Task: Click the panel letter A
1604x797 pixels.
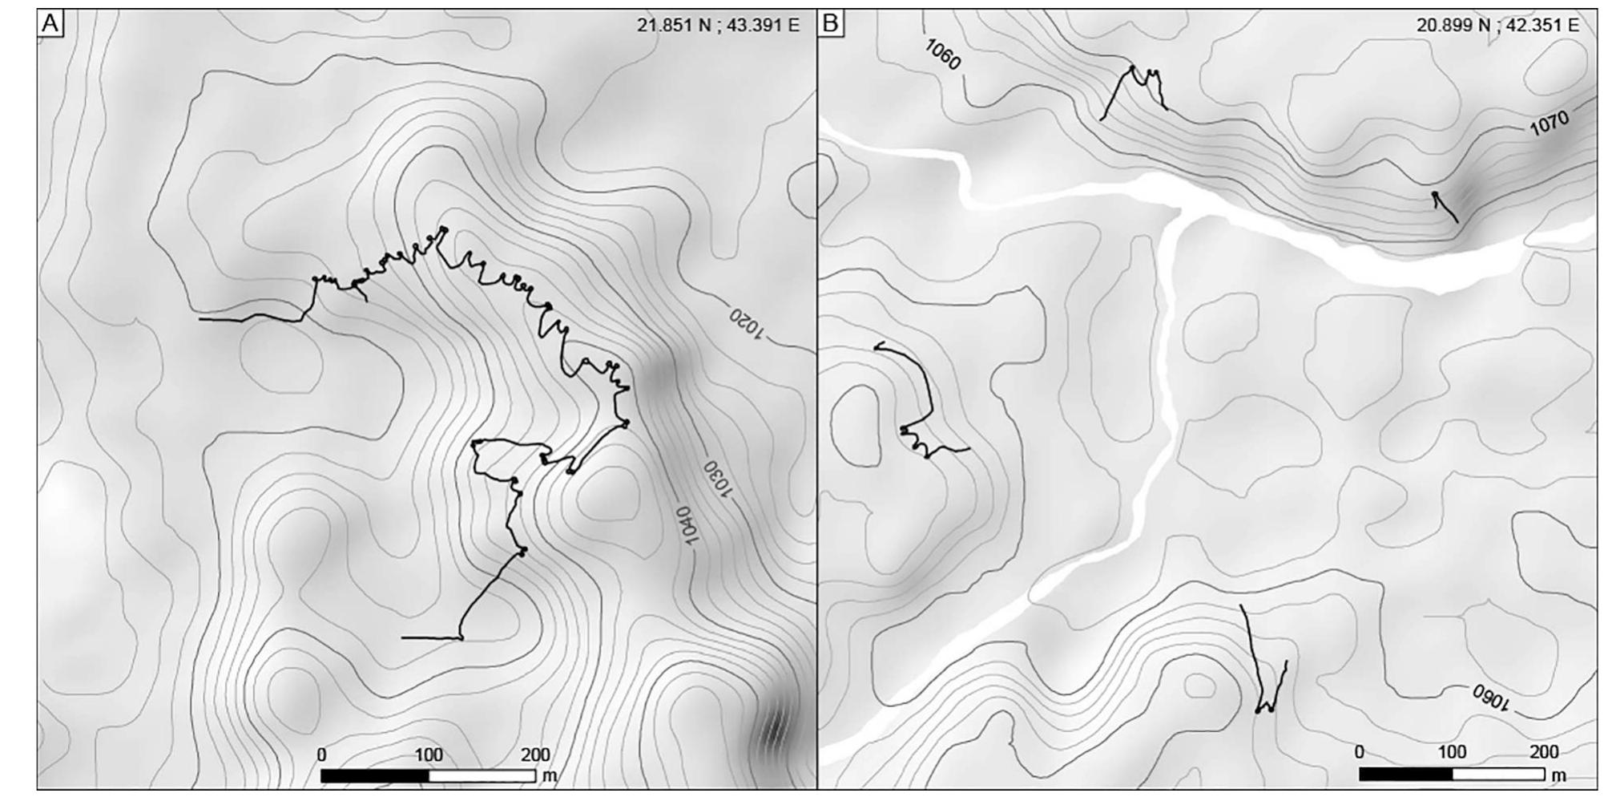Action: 50,24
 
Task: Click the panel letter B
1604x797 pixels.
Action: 830,24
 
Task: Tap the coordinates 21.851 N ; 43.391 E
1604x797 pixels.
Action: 718,25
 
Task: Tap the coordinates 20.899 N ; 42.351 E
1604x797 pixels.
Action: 1497,25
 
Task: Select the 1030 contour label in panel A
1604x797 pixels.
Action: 717,479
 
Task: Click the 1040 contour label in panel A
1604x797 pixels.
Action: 687,525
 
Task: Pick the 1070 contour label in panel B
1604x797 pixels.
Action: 1548,123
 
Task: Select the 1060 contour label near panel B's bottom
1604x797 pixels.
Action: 1490,698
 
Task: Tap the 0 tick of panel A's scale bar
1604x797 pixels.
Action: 321,755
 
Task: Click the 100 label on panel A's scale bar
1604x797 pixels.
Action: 429,755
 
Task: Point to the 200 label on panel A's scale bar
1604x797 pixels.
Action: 535,755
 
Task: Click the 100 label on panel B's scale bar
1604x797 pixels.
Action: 1452,752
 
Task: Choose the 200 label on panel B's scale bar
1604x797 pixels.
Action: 1544,752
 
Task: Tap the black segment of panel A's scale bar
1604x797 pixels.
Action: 375,776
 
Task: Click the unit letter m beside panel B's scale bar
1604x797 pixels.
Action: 1558,776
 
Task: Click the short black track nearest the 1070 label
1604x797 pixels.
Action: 1445,207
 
